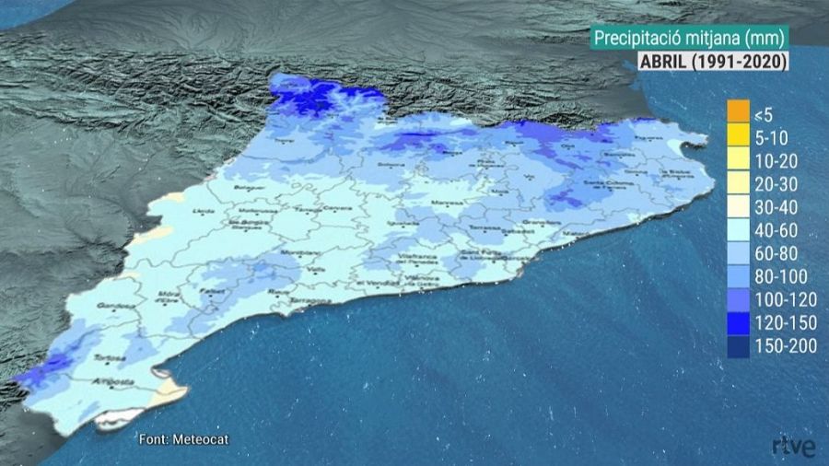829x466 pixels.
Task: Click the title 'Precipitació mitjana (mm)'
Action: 689,38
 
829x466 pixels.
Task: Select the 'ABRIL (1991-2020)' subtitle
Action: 713,62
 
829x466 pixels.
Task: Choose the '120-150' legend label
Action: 785,323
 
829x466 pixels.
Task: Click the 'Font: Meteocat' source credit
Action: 183,439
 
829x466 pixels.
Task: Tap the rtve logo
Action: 794,448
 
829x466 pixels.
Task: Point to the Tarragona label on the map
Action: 309,301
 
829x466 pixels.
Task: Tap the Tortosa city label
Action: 110,360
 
